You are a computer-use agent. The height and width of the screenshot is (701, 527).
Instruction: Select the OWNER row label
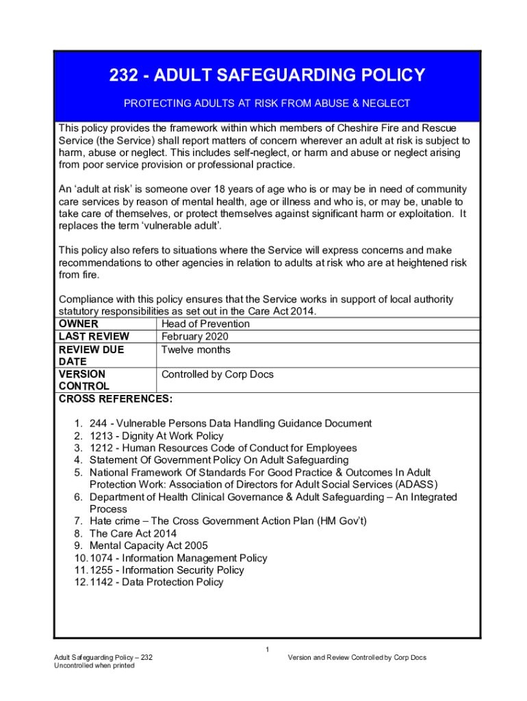[x=79, y=324]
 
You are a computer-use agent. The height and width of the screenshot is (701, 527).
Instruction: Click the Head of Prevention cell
[x=205, y=324]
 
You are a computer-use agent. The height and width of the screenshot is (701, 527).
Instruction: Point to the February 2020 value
[x=194, y=337]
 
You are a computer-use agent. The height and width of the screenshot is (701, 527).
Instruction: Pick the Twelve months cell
[x=196, y=350]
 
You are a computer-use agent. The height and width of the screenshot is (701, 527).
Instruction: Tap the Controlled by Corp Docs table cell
[x=217, y=374]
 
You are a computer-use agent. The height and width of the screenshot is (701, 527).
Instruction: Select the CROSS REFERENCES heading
[x=116, y=399]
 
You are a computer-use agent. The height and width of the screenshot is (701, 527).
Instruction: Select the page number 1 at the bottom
[x=268, y=649]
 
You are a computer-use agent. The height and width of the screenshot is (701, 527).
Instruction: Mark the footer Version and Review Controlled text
[x=357, y=658]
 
